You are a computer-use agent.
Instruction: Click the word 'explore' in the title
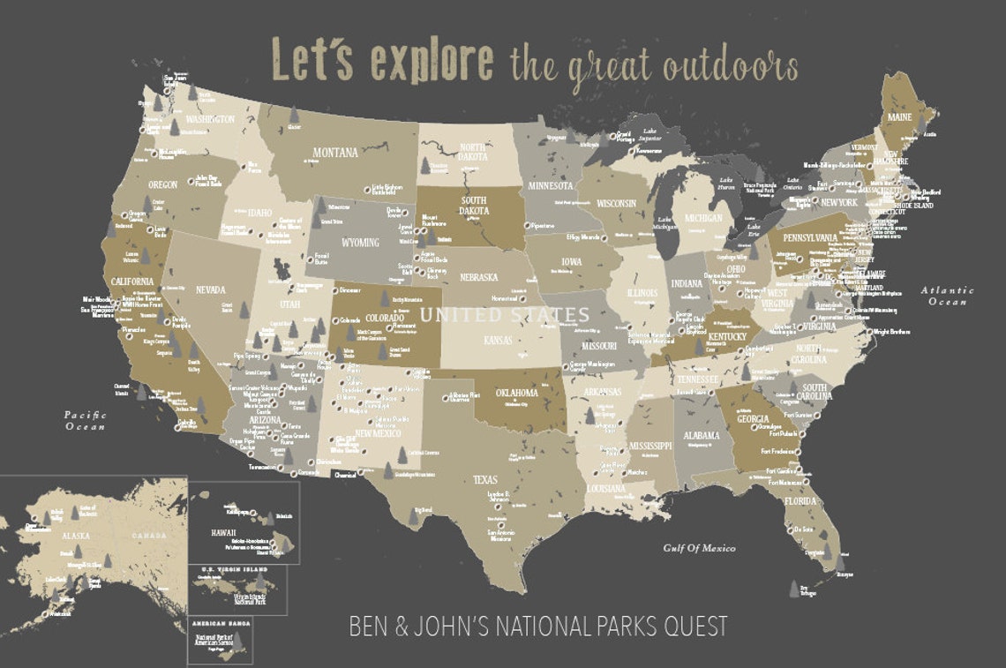(432, 62)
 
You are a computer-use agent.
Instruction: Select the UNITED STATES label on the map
(505, 315)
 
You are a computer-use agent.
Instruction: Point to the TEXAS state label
(486, 479)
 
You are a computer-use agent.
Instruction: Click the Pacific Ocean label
(85, 420)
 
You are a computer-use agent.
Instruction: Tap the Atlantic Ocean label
(947, 296)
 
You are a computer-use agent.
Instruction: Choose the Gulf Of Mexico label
(699, 548)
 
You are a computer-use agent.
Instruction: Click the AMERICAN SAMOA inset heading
(220, 623)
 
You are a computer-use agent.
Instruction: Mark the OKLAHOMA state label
(516, 393)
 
